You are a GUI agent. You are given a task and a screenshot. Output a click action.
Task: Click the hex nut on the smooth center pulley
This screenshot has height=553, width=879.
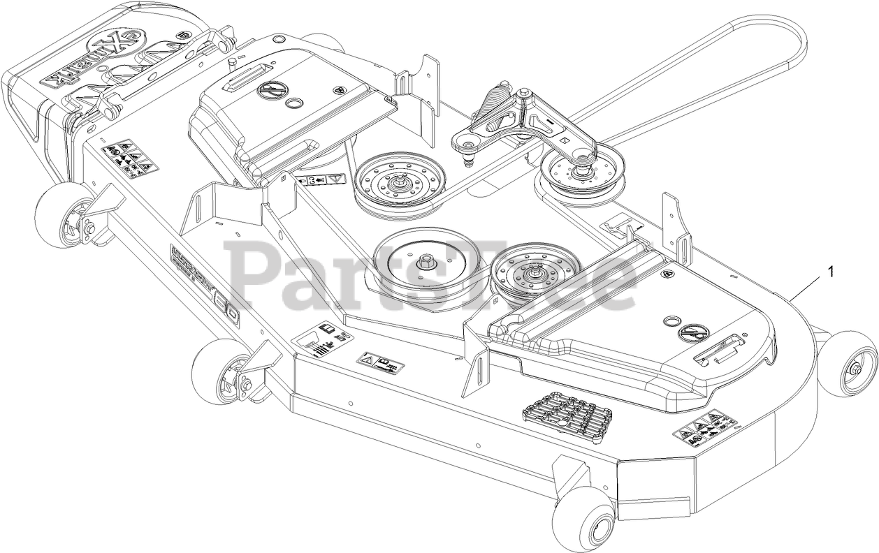point(425,263)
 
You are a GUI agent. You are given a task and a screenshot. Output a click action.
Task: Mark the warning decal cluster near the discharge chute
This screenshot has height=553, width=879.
point(130,157)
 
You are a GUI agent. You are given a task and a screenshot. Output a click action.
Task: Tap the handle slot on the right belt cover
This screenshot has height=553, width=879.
point(720,348)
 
